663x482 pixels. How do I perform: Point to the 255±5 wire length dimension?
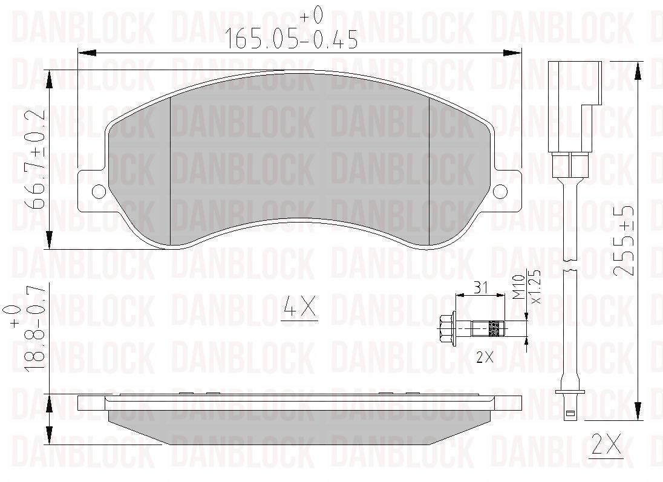coord(624,241)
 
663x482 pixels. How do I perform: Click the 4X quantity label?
coord(300,307)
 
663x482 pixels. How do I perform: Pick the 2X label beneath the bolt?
coord(485,357)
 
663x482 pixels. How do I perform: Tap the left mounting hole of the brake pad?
coord(99,192)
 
